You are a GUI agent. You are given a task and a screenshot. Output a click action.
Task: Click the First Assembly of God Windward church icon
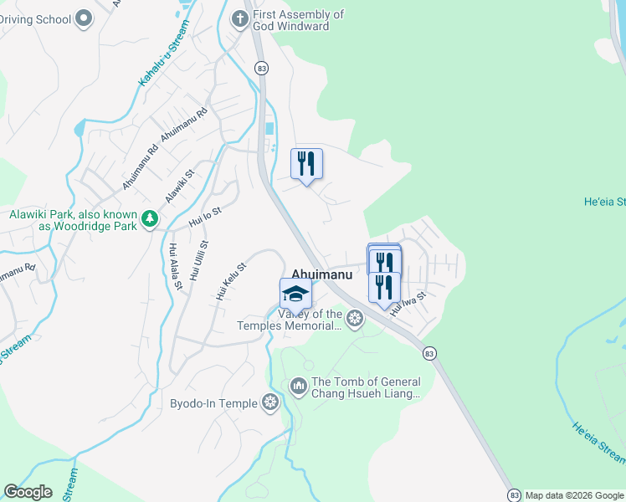click(x=239, y=18)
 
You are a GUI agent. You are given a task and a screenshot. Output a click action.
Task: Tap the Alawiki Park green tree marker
click(x=150, y=219)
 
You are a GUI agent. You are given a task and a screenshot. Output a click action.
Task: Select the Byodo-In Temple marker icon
click(x=270, y=402)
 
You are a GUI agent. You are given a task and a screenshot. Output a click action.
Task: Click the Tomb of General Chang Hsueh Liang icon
click(x=298, y=386)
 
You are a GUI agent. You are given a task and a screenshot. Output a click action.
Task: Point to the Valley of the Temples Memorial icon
click(x=355, y=318)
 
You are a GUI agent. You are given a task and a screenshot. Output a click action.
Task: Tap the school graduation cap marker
click(x=295, y=295)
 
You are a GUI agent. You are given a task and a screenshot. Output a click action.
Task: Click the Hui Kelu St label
click(x=231, y=281)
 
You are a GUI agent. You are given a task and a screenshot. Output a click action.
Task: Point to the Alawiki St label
click(x=179, y=185)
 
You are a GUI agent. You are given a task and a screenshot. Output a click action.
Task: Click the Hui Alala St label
click(x=176, y=267)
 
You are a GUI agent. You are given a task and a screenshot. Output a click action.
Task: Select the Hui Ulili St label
click(x=198, y=260)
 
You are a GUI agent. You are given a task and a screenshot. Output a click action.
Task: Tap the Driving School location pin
click(x=83, y=18)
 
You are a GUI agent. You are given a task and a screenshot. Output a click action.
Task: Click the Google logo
click(x=28, y=492)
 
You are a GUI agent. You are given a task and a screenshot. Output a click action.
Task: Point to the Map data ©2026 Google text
click(x=574, y=495)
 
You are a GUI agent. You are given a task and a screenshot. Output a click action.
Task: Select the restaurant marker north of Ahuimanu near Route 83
click(x=306, y=164)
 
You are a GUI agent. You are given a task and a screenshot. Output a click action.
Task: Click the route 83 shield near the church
click(x=262, y=69)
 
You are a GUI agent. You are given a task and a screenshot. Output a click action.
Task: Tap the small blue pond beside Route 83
click(x=269, y=130)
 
